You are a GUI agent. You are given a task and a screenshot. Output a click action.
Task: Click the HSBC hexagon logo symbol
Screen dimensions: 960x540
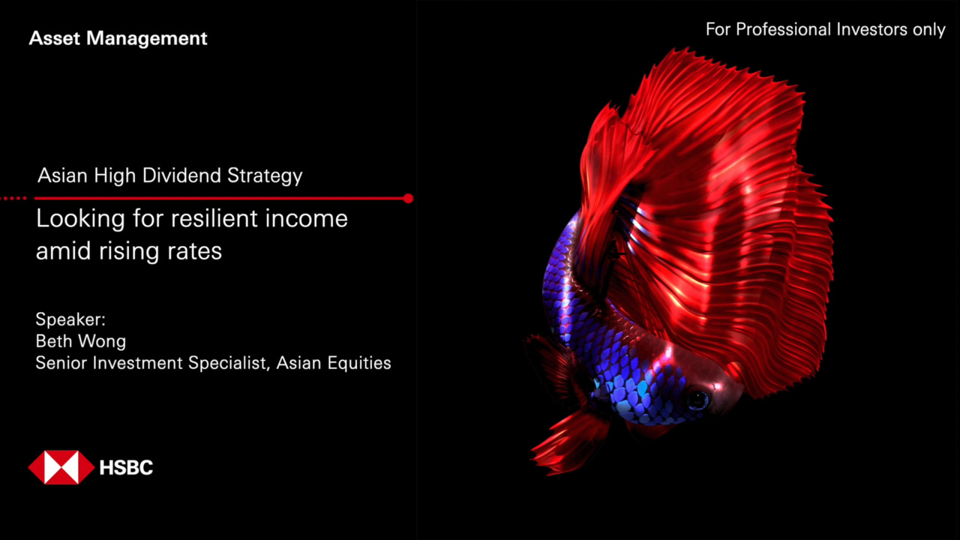[x=61, y=467]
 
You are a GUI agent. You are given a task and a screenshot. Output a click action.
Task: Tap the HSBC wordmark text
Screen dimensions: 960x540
[x=126, y=467]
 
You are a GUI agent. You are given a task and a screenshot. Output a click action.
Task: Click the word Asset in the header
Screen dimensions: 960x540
[x=55, y=38]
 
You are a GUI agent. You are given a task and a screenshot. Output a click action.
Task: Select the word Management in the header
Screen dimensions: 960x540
[x=146, y=38]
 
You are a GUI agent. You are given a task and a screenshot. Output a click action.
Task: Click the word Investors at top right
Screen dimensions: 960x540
[x=871, y=29]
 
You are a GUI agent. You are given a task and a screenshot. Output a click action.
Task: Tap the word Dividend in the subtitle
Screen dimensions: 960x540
[x=181, y=175]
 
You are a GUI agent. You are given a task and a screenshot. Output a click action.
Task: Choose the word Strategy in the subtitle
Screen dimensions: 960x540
[x=265, y=176]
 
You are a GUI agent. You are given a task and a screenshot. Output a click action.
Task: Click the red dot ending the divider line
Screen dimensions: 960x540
[x=409, y=199]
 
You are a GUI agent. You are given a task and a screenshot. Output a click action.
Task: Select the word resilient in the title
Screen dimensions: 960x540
[x=214, y=218]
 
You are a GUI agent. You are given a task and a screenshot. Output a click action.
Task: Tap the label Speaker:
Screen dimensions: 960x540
[x=70, y=319]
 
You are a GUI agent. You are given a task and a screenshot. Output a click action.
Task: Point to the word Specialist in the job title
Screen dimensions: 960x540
[x=229, y=363]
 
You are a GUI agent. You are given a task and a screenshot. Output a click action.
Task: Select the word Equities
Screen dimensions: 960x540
[x=358, y=364]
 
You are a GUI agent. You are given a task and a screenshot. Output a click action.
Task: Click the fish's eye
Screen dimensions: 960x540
[x=697, y=400]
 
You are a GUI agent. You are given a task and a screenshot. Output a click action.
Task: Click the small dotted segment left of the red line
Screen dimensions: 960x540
[x=13, y=199]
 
